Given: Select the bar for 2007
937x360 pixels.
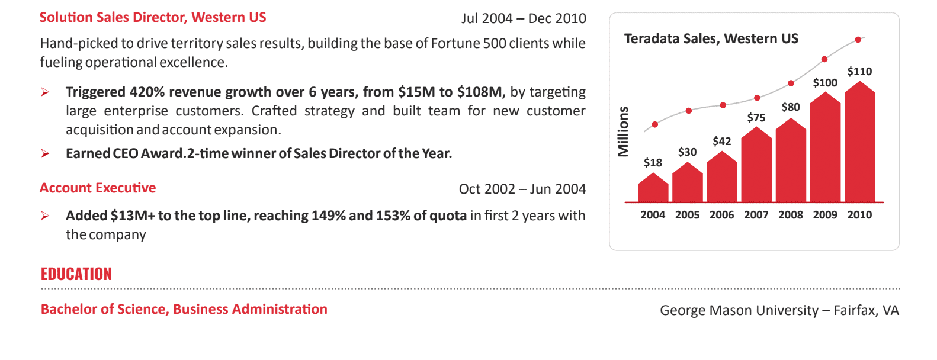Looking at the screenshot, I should tap(756, 166).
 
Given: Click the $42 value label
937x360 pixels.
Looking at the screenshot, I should tap(721, 141).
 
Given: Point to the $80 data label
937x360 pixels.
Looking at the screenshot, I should tap(790, 107).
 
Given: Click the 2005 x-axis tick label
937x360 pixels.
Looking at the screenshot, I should tap(687, 215).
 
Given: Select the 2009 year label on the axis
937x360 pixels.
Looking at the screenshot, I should tap(825, 215).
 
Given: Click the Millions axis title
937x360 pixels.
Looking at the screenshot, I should tap(623, 131).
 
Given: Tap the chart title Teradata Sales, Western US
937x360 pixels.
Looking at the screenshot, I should tap(711, 39).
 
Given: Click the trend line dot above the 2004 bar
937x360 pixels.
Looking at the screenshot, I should tap(654, 124).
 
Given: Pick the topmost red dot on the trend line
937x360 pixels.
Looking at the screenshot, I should tap(858, 40).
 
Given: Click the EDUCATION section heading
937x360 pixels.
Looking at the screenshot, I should tap(76, 274).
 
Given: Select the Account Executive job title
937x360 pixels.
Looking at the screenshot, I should tap(98, 188).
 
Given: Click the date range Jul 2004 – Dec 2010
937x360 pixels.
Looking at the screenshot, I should tap(524, 18).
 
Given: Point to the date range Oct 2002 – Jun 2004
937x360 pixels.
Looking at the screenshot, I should tap(522, 189).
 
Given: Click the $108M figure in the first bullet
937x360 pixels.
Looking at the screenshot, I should tap(480, 92).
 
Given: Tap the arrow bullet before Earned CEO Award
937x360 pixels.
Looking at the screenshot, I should tap(45, 154).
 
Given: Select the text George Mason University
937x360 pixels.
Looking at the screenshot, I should tap(739, 310).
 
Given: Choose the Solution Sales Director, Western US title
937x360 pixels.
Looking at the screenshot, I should tap(153, 18).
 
